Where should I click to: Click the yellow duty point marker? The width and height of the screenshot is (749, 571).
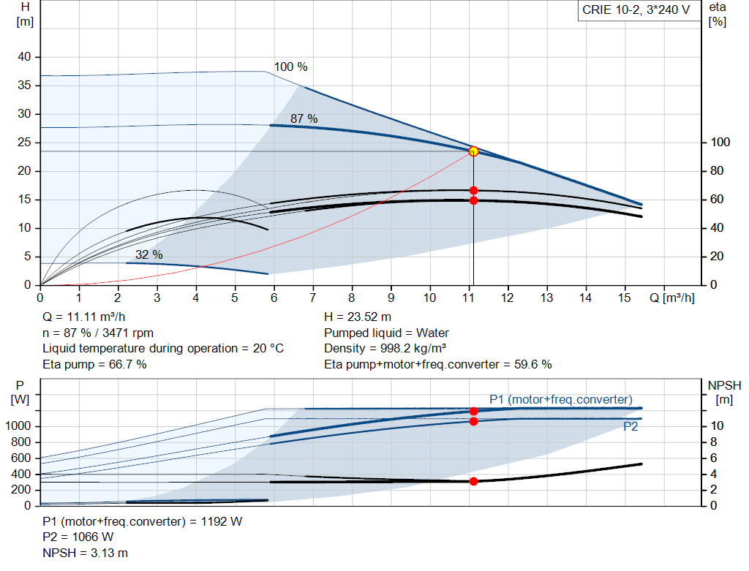pyautogui.click(x=473, y=151)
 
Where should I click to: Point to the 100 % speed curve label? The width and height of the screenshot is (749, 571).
pyautogui.click(x=290, y=67)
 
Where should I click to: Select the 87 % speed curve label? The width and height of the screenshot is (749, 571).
pyautogui.click(x=304, y=118)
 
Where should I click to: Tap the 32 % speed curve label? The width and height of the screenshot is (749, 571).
pyautogui.click(x=149, y=254)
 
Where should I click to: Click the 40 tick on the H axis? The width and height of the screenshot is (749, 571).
pyautogui.click(x=24, y=57)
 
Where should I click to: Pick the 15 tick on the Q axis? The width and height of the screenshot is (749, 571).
pyautogui.click(x=625, y=298)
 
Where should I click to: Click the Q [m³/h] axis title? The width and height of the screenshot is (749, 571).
pyautogui.click(x=672, y=298)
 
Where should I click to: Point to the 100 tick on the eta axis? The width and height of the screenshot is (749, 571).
pyautogui.click(x=720, y=143)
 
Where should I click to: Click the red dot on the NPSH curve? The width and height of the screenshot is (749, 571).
pyautogui.click(x=473, y=481)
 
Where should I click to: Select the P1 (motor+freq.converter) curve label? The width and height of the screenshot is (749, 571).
pyautogui.click(x=561, y=400)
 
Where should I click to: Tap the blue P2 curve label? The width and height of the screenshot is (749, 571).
pyautogui.click(x=631, y=426)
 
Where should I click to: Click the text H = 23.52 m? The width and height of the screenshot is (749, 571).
pyautogui.click(x=358, y=317)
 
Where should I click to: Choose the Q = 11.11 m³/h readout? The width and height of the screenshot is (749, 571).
pyautogui.click(x=84, y=317)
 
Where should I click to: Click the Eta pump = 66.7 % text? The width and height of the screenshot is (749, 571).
pyautogui.click(x=94, y=364)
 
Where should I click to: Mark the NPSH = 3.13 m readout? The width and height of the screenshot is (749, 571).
pyautogui.click(x=86, y=553)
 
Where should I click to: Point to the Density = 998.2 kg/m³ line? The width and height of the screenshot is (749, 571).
pyautogui.click(x=385, y=349)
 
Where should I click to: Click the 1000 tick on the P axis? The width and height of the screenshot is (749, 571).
pyautogui.click(x=18, y=426)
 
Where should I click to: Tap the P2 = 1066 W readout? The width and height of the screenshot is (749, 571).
pyautogui.click(x=78, y=537)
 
